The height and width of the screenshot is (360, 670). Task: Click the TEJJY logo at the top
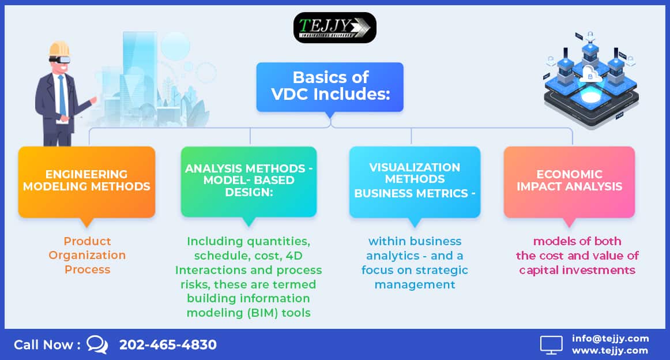click(x=334, y=27)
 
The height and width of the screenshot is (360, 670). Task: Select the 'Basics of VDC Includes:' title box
click(x=330, y=87)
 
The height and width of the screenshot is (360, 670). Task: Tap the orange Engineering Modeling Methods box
click(x=86, y=182)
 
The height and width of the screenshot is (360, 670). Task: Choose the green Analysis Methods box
click(x=249, y=182)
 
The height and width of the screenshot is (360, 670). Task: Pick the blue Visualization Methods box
click(x=415, y=182)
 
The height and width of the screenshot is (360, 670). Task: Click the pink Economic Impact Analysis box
click(x=569, y=182)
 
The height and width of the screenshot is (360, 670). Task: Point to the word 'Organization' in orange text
click(x=87, y=255)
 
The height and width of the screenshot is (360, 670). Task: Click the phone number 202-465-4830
click(x=168, y=344)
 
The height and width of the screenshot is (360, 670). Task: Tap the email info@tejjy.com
click(x=610, y=338)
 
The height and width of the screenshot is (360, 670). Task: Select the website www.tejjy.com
click(x=610, y=351)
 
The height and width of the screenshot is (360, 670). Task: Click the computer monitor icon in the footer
click(x=551, y=344)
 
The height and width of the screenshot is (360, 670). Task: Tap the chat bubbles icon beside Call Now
click(x=97, y=344)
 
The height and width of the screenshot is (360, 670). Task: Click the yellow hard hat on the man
click(x=59, y=49)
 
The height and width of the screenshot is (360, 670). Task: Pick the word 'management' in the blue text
click(x=415, y=285)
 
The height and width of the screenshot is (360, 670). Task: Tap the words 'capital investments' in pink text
click(x=577, y=270)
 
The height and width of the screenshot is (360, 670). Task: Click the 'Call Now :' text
click(x=47, y=344)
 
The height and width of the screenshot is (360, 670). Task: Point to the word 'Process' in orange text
click(x=88, y=270)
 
